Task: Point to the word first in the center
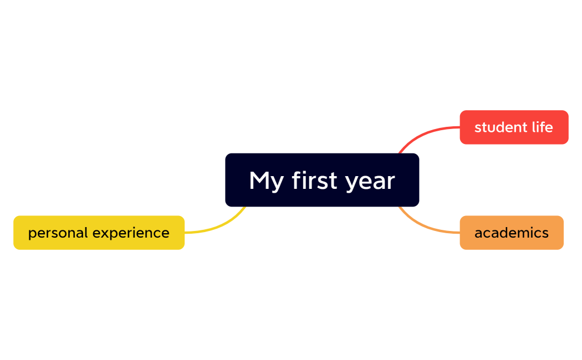pyautogui.click(x=314, y=181)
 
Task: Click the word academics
pyautogui.click(x=511, y=233)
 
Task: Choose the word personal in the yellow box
pyautogui.click(x=58, y=233)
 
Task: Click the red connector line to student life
pyautogui.click(x=427, y=132)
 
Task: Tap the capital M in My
pyautogui.click(x=259, y=181)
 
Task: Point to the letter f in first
pyautogui.click(x=297, y=180)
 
